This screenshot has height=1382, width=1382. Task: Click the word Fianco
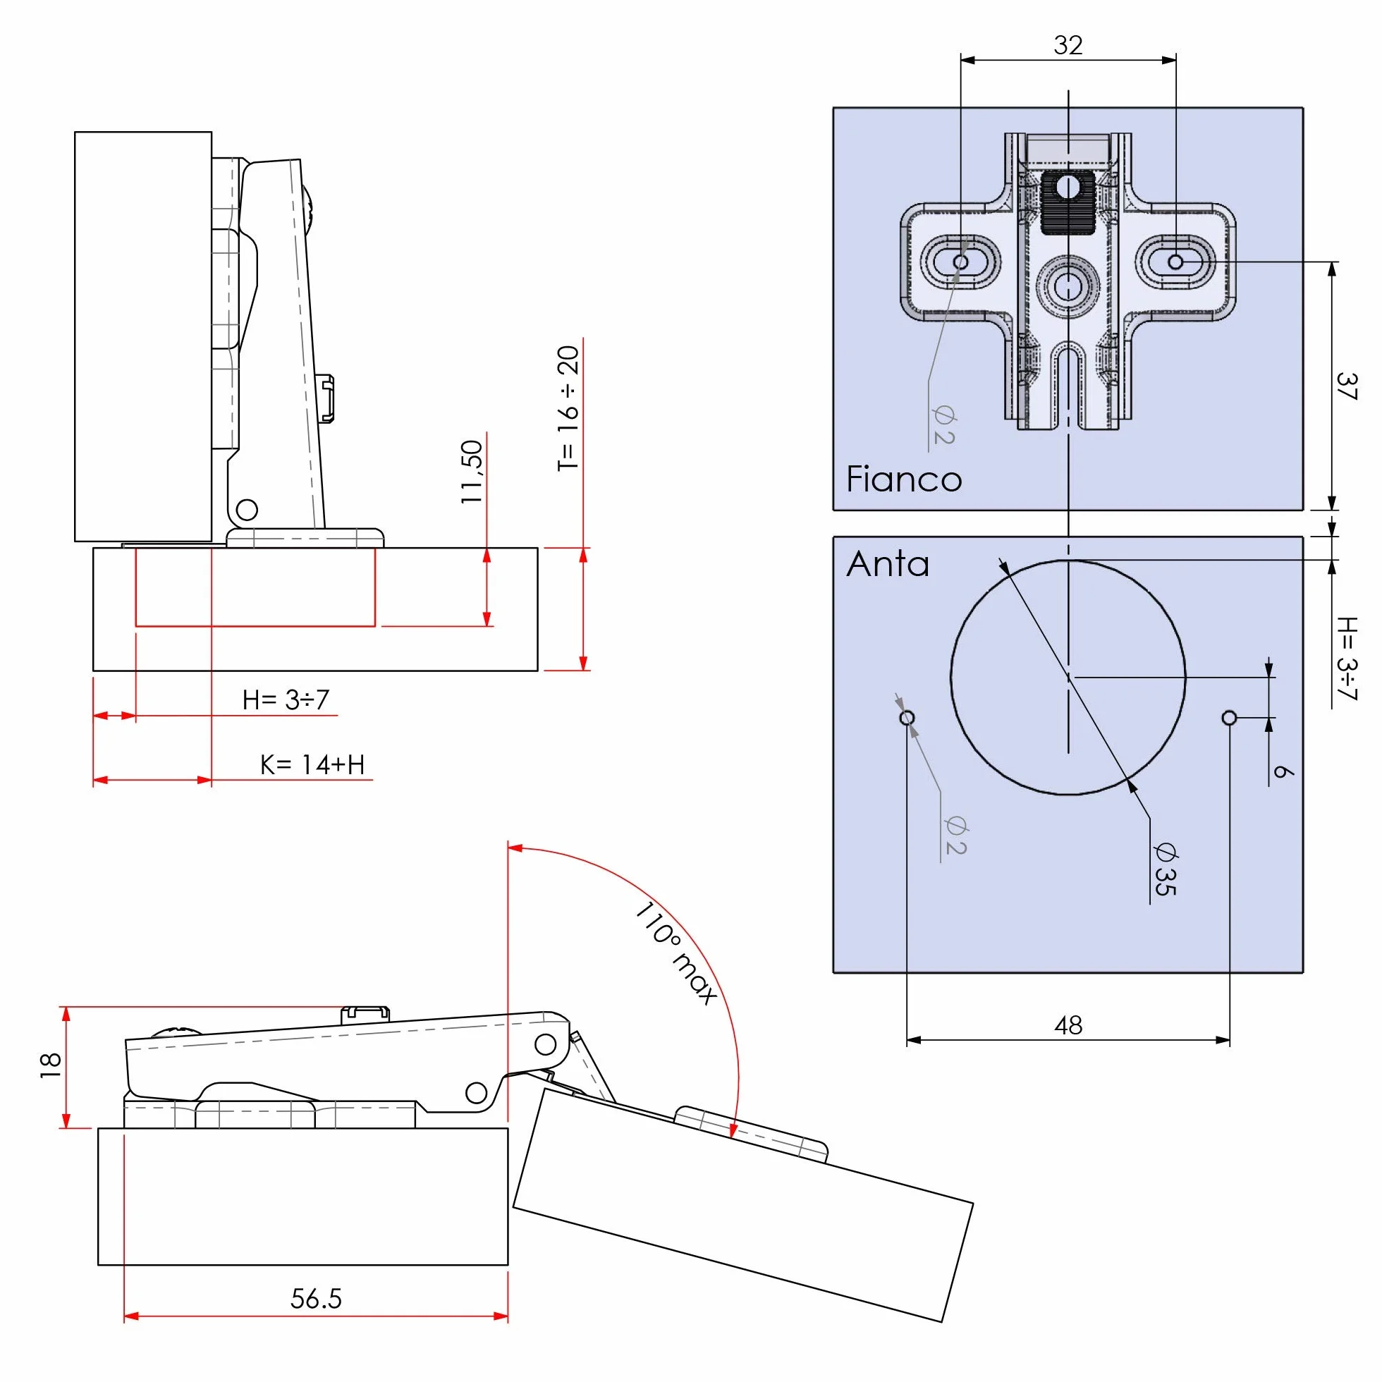[x=903, y=479]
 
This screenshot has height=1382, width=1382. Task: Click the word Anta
[x=888, y=563]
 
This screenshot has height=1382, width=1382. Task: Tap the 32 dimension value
[x=1068, y=45]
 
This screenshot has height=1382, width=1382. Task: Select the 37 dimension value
[x=1346, y=386]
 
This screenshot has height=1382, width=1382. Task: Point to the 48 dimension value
[x=1068, y=1025]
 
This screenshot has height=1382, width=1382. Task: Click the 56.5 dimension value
[x=316, y=1298]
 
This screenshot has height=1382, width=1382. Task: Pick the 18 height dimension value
[x=50, y=1065]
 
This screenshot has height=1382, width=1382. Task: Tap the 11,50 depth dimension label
[x=472, y=472]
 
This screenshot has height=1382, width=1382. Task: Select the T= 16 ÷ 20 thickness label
[x=568, y=408]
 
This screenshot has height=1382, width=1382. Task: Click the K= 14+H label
[x=312, y=764]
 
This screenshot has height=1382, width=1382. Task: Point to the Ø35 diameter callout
[x=1166, y=869]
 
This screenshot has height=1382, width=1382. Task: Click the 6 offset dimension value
[x=1283, y=771]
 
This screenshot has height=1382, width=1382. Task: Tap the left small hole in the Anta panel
[x=907, y=718]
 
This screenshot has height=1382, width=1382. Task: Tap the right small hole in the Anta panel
[x=1230, y=718]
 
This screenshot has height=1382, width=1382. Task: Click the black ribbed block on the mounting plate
[x=1068, y=202]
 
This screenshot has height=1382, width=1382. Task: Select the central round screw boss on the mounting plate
[x=1068, y=286]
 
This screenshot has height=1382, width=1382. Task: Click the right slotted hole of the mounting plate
[x=1175, y=262]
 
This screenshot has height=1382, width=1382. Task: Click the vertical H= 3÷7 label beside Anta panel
[x=1346, y=658]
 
